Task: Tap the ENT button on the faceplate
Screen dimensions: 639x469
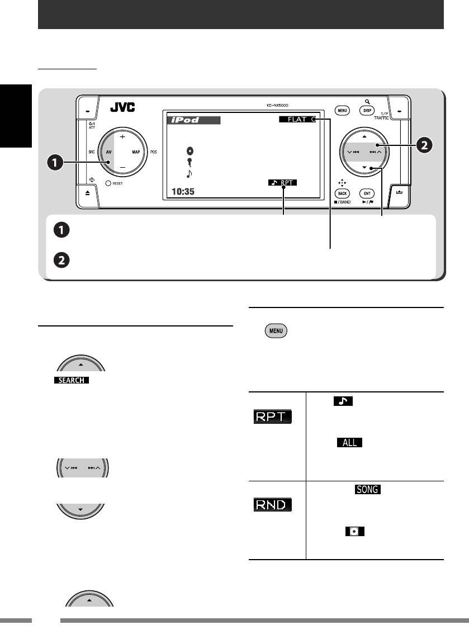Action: [366, 191]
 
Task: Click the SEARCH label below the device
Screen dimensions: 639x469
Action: [70, 380]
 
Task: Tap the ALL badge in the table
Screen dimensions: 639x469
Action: [349, 443]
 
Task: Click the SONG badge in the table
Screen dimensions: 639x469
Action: [367, 489]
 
